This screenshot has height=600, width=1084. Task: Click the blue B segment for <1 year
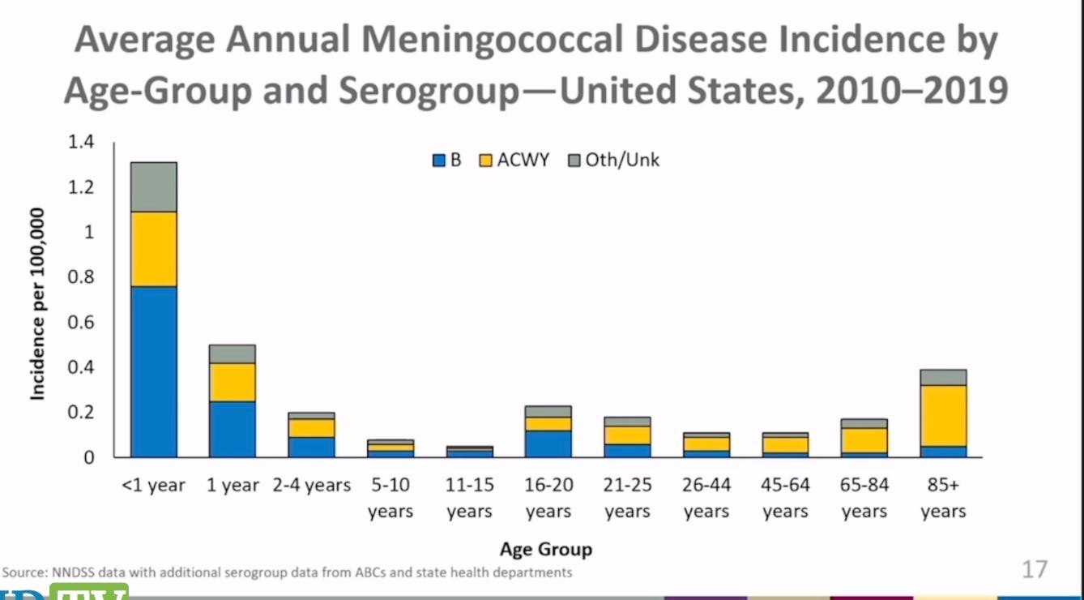tap(154, 371)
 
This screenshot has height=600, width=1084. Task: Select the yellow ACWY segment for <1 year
tap(154, 249)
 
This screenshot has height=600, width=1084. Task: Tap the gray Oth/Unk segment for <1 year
tap(154, 186)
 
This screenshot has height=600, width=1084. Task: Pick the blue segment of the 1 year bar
tap(233, 429)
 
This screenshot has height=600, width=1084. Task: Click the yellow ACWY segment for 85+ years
tap(943, 415)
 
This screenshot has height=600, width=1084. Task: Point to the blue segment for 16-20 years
tap(548, 444)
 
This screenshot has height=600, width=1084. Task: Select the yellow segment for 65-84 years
tap(864, 440)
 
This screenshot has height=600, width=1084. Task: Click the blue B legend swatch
tap(439, 161)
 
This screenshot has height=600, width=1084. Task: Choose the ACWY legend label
tap(523, 160)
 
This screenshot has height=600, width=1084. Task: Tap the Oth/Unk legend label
tap(622, 160)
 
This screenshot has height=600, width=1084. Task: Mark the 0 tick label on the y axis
tap(89, 457)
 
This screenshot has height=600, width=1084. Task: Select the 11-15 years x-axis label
tap(469, 498)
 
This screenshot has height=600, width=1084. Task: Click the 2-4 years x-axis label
tap(311, 486)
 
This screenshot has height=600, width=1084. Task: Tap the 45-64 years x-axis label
tap(785, 498)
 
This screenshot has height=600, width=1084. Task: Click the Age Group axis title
tap(546, 549)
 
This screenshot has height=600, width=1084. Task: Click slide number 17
tap(1035, 569)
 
